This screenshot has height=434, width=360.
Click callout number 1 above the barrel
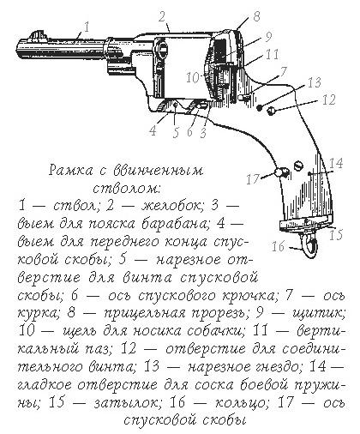(87, 27)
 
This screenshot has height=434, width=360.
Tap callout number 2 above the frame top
(162, 16)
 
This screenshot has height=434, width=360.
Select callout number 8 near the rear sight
(256, 16)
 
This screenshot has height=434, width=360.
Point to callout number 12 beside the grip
(328, 99)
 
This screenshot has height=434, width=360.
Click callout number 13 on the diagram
(315, 82)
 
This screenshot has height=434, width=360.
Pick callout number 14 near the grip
(336, 163)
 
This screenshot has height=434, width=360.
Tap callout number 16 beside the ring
(279, 246)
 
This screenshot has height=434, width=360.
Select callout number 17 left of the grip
(253, 179)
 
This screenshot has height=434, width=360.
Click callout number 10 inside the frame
(193, 77)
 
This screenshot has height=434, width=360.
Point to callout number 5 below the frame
(176, 132)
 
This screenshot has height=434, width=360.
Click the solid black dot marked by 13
(260, 108)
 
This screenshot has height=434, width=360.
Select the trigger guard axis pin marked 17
(280, 172)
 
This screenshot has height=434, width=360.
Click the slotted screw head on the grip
(299, 166)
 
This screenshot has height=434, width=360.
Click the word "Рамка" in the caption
(71, 171)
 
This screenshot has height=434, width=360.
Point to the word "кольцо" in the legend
(240, 403)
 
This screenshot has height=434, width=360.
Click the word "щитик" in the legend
(319, 314)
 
